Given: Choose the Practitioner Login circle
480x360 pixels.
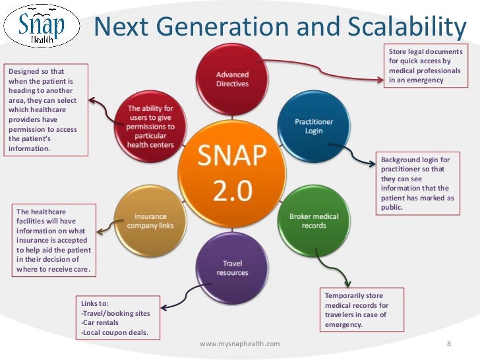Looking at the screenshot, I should (x=314, y=125).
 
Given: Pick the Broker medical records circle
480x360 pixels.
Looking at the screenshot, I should (x=313, y=221).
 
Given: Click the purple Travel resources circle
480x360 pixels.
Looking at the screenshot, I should (x=232, y=268).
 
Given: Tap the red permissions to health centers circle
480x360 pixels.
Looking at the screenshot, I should (x=151, y=126).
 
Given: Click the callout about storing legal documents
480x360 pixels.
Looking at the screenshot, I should (x=425, y=66).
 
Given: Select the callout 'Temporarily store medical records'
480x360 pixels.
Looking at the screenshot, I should (x=361, y=310).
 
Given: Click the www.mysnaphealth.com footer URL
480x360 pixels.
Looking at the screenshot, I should (x=239, y=344).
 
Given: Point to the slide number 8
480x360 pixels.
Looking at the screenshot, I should (x=448, y=344).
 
